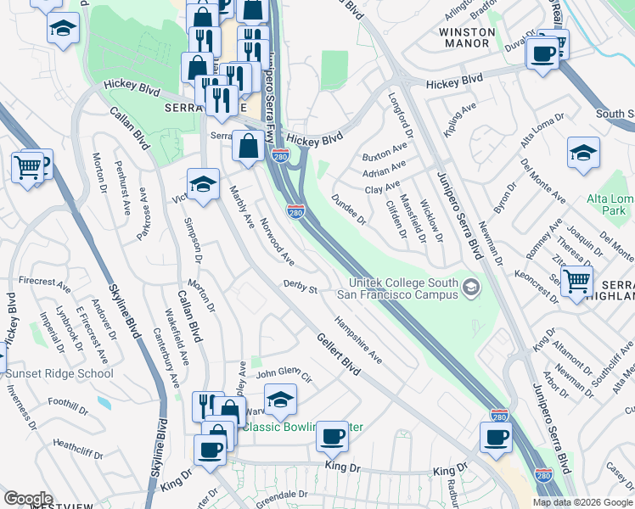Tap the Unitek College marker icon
tap(469, 289)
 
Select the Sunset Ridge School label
tap(59, 373)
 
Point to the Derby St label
tap(300, 288)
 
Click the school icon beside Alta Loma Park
tap(582, 154)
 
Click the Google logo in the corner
tap(28, 499)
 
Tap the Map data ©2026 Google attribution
tap(582, 502)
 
